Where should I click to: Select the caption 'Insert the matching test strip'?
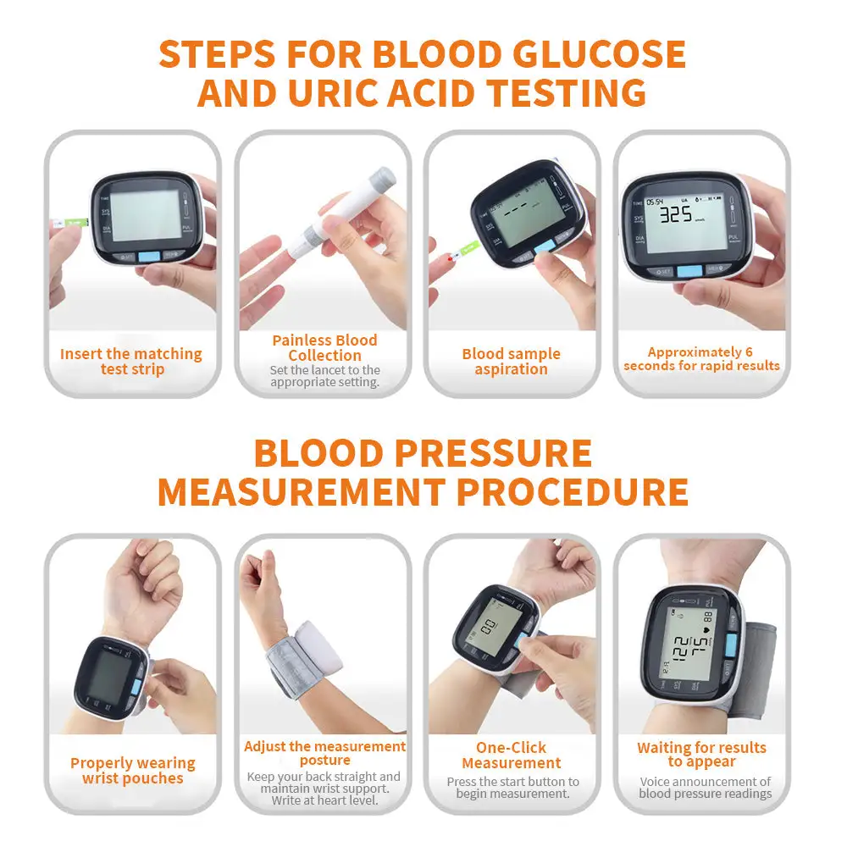131,362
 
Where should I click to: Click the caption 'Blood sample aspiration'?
512,362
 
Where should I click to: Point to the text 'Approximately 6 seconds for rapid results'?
701,358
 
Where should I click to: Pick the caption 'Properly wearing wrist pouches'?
132,771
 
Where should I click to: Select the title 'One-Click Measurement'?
512,756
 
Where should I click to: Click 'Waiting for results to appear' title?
701,755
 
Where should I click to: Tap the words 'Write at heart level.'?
325,800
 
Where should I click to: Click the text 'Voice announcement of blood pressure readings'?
705,788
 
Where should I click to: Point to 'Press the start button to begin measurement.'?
512,788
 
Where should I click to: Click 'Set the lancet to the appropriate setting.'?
325,376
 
